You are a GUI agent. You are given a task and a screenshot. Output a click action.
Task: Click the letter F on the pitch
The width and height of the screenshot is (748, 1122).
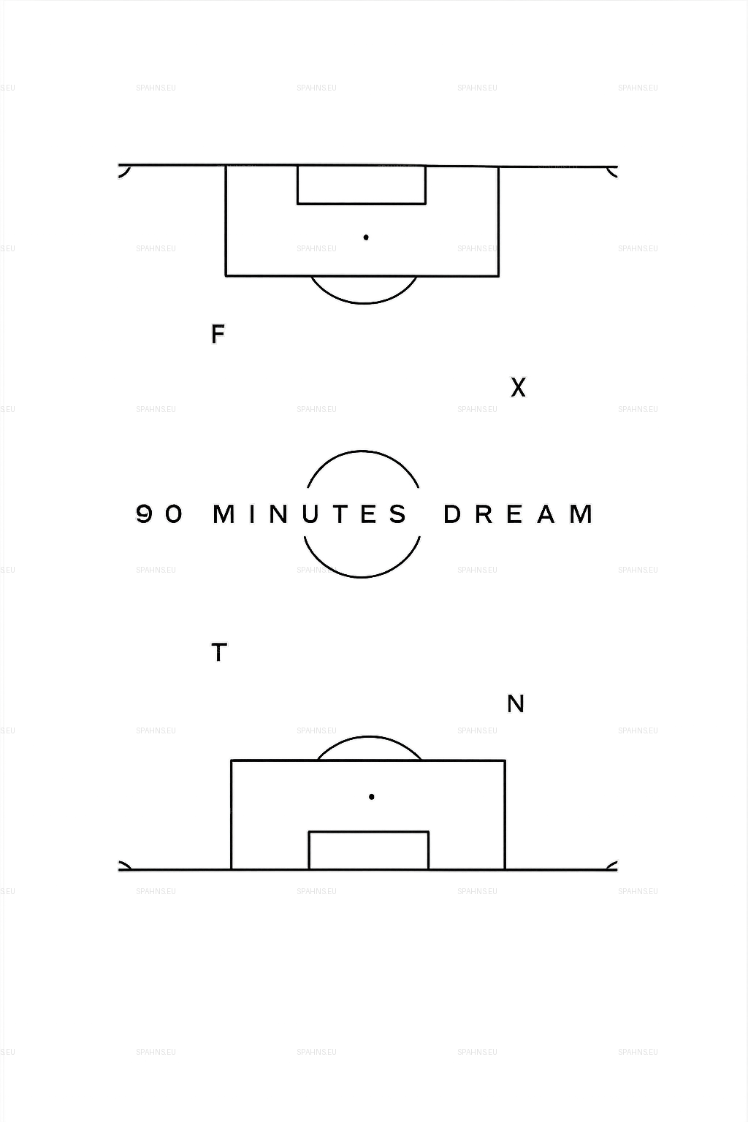217,335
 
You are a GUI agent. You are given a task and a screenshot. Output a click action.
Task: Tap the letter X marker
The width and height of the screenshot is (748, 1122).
518,387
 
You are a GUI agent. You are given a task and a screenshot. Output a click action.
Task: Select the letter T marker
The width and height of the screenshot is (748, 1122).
218,652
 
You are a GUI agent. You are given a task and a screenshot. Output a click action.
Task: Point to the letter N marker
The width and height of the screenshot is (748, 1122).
516,703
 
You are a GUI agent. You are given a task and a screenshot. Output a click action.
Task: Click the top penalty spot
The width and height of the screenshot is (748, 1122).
366,237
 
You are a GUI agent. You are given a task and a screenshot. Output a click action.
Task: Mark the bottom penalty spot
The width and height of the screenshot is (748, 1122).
371,797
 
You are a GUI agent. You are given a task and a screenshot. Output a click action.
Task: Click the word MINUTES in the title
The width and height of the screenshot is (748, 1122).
310,514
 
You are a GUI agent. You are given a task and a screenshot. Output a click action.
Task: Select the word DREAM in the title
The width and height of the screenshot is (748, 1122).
519,514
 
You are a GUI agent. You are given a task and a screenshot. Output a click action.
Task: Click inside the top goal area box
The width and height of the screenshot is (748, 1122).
362,186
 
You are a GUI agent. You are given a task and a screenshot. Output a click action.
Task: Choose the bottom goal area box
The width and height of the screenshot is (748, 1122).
368,850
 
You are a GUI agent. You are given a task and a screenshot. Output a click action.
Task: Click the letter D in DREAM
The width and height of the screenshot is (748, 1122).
453,514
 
